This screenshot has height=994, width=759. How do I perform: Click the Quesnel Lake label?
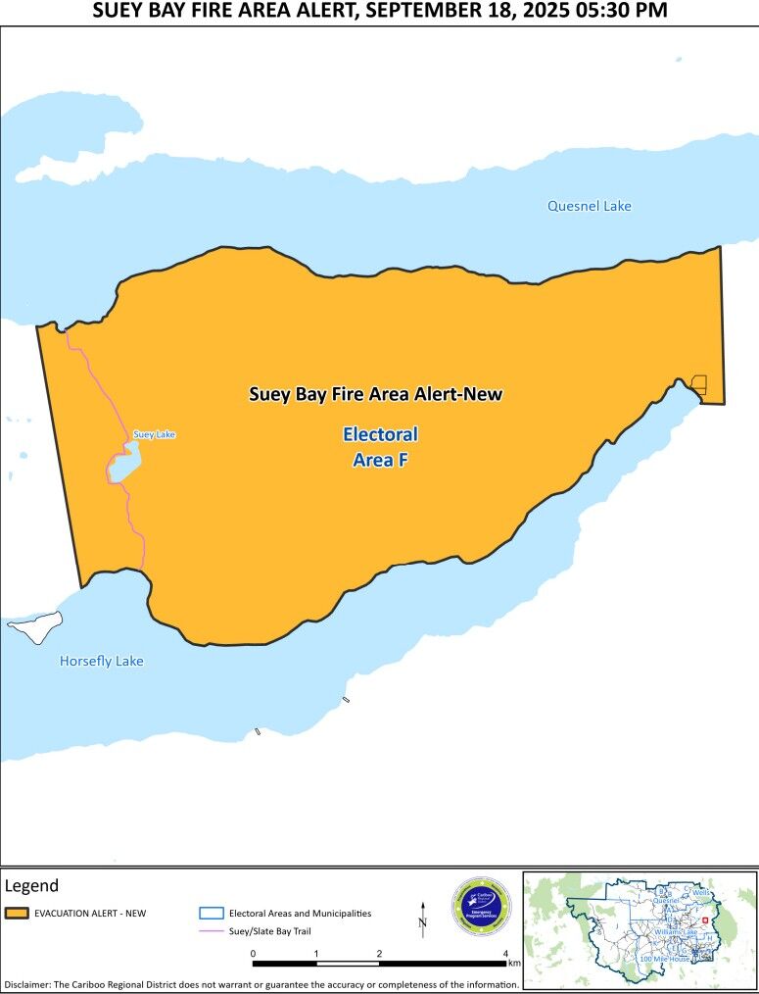click(589, 206)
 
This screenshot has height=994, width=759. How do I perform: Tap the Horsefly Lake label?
click(101, 661)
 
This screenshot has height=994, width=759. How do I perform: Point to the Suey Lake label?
click(154, 434)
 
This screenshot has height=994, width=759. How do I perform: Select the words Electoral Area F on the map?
click(380, 446)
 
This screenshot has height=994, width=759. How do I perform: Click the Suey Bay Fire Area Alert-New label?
click(375, 394)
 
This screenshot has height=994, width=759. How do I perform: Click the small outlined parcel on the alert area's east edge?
click(699, 384)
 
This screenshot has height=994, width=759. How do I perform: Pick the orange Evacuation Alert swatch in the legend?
click(16, 914)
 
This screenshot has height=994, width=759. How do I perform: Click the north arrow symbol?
click(423, 916)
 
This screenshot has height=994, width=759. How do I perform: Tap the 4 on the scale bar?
click(505, 952)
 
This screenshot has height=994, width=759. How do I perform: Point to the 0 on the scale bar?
click(253, 952)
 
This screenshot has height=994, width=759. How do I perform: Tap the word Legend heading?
click(31, 885)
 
